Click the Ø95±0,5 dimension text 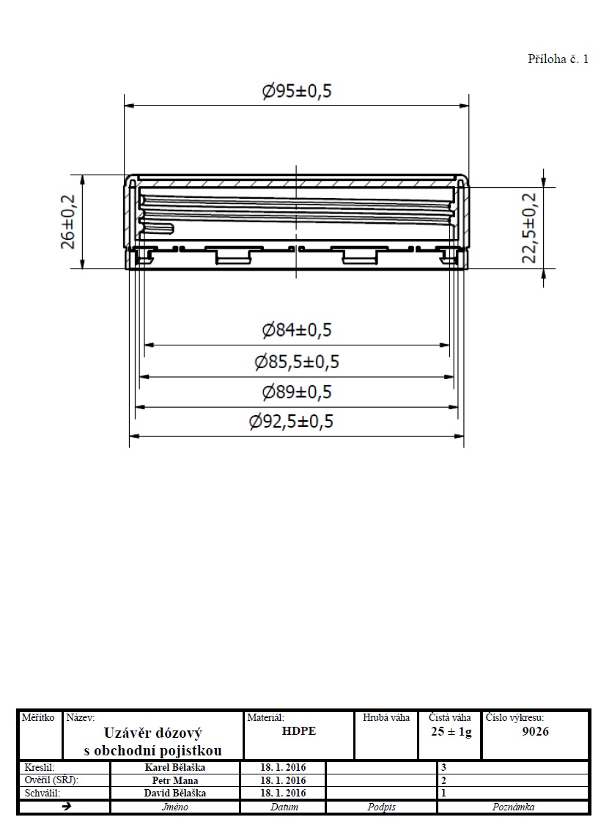click(297, 91)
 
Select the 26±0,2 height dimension click(69, 221)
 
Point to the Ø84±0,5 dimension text click(297, 330)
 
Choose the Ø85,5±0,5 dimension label click(297, 362)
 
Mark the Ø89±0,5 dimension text click(297, 392)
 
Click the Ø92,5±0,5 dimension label click(291, 422)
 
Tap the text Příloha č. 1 click(558, 59)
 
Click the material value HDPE click(299, 731)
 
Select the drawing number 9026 click(536, 731)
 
